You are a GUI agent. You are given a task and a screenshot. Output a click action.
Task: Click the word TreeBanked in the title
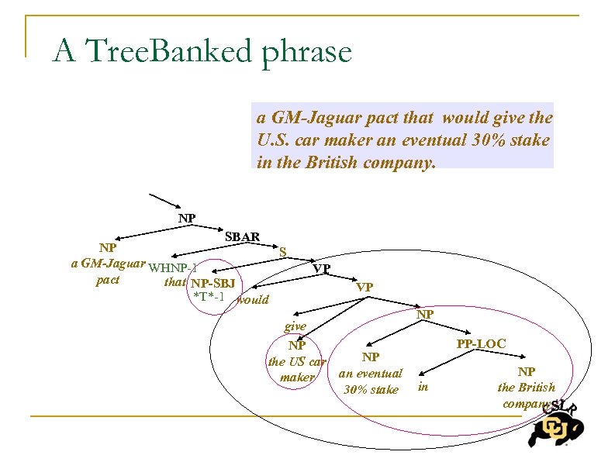click(x=171, y=53)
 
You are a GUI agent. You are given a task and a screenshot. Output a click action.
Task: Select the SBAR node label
click(x=242, y=236)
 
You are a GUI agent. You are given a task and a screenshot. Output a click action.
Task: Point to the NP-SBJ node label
click(x=213, y=283)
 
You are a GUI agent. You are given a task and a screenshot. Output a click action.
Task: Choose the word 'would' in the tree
click(x=253, y=300)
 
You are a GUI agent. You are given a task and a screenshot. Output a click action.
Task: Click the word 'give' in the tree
click(x=295, y=327)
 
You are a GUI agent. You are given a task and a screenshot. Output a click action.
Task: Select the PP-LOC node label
click(x=481, y=343)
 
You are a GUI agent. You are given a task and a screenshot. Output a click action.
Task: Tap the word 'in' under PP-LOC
click(x=423, y=385)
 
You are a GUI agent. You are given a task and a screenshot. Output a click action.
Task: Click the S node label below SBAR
click(x=284, y=251)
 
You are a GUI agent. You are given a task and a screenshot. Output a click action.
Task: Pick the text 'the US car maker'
click(x=297, y=369)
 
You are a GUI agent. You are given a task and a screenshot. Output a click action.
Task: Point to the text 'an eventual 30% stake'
click(x=371, y=381)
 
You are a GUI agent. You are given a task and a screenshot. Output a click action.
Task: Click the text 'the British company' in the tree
click(x=527, y=395)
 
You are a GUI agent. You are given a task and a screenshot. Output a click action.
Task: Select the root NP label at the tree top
click(x=187, y=219)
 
